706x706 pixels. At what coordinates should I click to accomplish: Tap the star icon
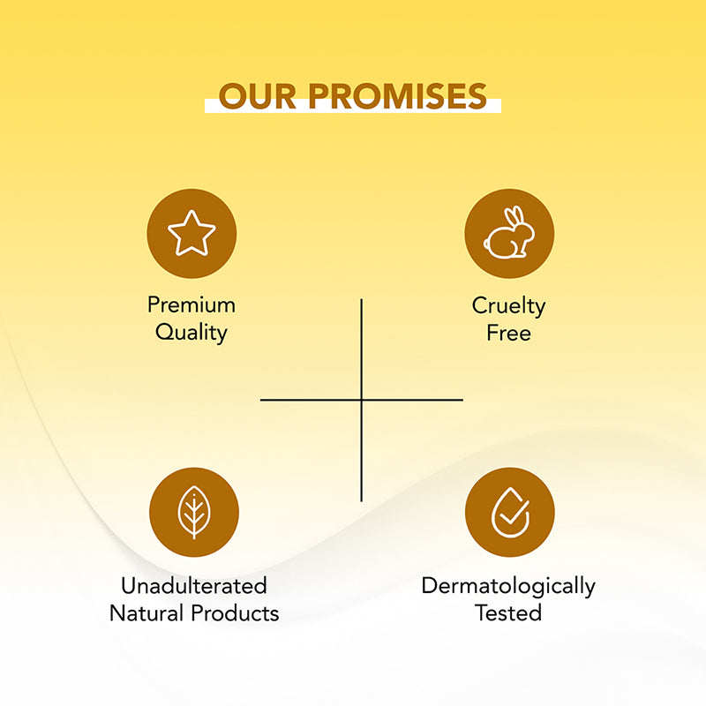[x=192, y=234]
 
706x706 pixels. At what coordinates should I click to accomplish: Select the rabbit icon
[x=509, y=234]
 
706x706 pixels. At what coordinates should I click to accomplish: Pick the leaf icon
[x=193, y=513]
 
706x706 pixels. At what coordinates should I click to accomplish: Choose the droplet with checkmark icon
[x=509, y=513]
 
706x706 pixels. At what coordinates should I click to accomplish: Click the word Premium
[x=192, y=305]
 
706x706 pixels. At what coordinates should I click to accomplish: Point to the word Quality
[x=192, y=333]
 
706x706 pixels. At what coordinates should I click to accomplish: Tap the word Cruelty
[x=509, y=305]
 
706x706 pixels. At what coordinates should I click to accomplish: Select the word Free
[x=509, y=333]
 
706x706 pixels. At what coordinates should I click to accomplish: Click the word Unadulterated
[x=193, y=586]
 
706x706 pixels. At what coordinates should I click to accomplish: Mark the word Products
[x=238, y=612]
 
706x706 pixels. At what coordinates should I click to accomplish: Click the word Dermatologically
[x=508, y=586]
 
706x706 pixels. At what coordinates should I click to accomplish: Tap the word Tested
[x=508, y=612]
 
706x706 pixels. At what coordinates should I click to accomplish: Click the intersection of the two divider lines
[x=361, y=400]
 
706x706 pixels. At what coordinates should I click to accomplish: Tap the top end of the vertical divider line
[x=361, y=301]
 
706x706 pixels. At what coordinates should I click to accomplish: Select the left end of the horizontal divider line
[x=262, y=400]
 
